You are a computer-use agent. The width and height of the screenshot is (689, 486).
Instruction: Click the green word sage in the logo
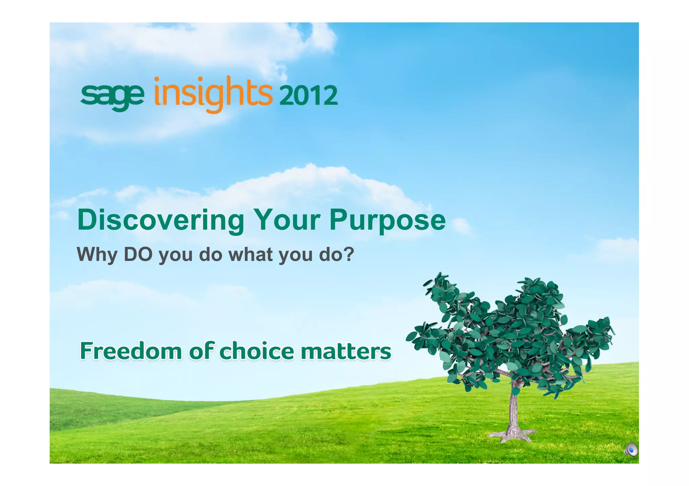[x=112, y=96]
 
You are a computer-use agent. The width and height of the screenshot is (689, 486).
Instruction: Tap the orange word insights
[x=213, y=94]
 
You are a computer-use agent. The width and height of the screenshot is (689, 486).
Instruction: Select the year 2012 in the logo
[x=308, y=96]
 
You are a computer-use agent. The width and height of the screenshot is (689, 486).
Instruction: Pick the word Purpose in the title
[x=388, y=221]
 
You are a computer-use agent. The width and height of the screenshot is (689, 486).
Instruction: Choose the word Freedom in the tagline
[x=131, y=351]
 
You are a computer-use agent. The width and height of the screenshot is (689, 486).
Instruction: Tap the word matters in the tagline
[x=346, y=352]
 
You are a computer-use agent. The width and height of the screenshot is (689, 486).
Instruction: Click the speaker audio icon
[x=631, y=449]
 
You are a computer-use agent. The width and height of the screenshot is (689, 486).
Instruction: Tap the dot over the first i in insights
[x=157, y=79]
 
